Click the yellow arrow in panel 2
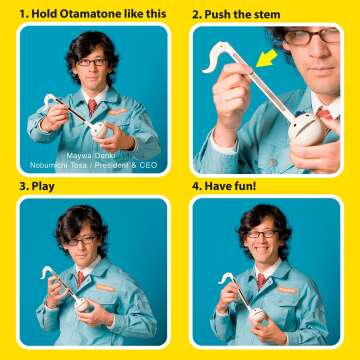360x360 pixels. coord(267,58)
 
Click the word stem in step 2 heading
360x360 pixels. coord(267,15)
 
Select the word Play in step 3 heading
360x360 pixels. coord(43,187)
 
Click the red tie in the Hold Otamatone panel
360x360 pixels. coord(92,107)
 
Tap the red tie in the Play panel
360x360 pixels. coord(81,278)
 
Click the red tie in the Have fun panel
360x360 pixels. coord(261,281)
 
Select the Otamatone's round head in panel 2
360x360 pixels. coord(305,129)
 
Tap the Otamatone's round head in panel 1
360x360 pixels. coord(99,130)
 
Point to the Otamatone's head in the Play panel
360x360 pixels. coord(82,304)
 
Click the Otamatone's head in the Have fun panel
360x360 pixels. coord(258,314)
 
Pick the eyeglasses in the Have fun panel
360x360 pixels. coord(262,234)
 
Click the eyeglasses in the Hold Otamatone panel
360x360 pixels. coord(92,62)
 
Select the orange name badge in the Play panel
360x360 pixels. coord(106,287)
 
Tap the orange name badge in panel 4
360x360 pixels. coord(287,291)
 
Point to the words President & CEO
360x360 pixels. coord(131,165)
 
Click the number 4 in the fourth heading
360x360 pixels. coord(195,186)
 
